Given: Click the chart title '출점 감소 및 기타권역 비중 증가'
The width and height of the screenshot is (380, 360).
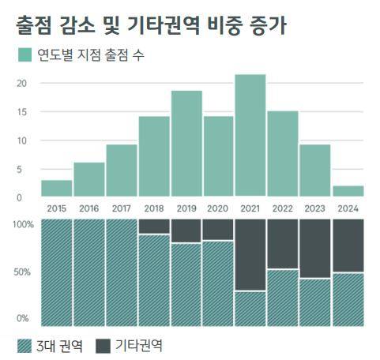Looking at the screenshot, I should [x=151, y=25].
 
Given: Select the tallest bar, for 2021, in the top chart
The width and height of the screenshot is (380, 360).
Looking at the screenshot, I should [x=250, y=135].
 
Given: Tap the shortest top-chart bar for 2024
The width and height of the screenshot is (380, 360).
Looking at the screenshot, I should [x=348, y=190].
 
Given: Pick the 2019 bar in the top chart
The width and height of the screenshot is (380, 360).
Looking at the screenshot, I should [x=186, y=143].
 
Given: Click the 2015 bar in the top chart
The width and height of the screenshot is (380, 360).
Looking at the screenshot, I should [x=57, y=188].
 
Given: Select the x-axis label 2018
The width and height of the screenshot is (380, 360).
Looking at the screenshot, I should [x=154, y=208].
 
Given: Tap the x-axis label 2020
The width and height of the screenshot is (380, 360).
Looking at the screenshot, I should [x=219, y=208].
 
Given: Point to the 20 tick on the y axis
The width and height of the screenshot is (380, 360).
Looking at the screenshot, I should [x=22, y=84].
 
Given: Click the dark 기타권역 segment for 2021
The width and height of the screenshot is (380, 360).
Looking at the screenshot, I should [x=250, y=255].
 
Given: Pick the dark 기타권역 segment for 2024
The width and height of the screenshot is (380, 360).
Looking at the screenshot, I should [x=348, y=246].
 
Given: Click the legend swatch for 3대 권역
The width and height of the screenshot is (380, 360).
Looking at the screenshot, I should [x=24, y=346].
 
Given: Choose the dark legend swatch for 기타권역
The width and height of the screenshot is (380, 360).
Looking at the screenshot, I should [x=103, y=346].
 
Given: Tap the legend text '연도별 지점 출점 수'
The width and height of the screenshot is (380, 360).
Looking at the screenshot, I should [x=94, y=55].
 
